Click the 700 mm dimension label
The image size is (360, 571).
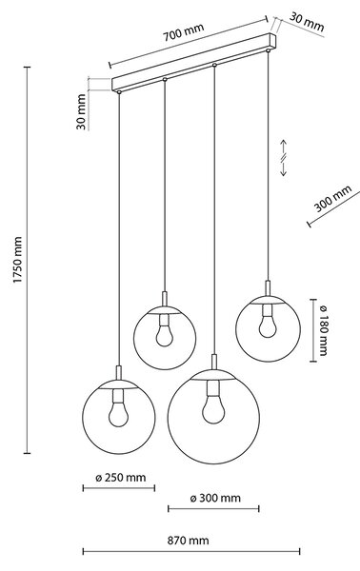(x=183, y=31)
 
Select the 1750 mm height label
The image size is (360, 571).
(x=18, y=260)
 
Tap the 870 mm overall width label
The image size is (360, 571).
(x=188, y=540)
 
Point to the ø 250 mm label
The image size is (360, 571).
(x=121, y=478)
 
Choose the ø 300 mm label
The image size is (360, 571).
(x=215, y=498)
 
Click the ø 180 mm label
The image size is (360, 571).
(x=323, y=330)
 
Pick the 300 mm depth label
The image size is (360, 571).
(x=332, y=199)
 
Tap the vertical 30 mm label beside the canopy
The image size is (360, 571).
(x=82, y=111)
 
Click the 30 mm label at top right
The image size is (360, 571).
(x=307, y=22)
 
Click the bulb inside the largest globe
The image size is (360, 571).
(x=213, y=409)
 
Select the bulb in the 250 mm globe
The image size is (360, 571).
(x=119, y=414)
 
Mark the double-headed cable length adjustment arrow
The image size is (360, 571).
(x=284, y=158)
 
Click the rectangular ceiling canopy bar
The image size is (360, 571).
(x=193, y=62)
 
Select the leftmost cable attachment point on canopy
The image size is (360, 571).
(x=119, y=92)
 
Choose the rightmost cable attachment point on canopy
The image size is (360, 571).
(x=269, y=49)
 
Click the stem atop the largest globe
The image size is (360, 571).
(x=214, y=363)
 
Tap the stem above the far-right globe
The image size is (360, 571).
(x=268, y=288)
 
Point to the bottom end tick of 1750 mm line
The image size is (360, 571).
(x=27, y=453)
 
